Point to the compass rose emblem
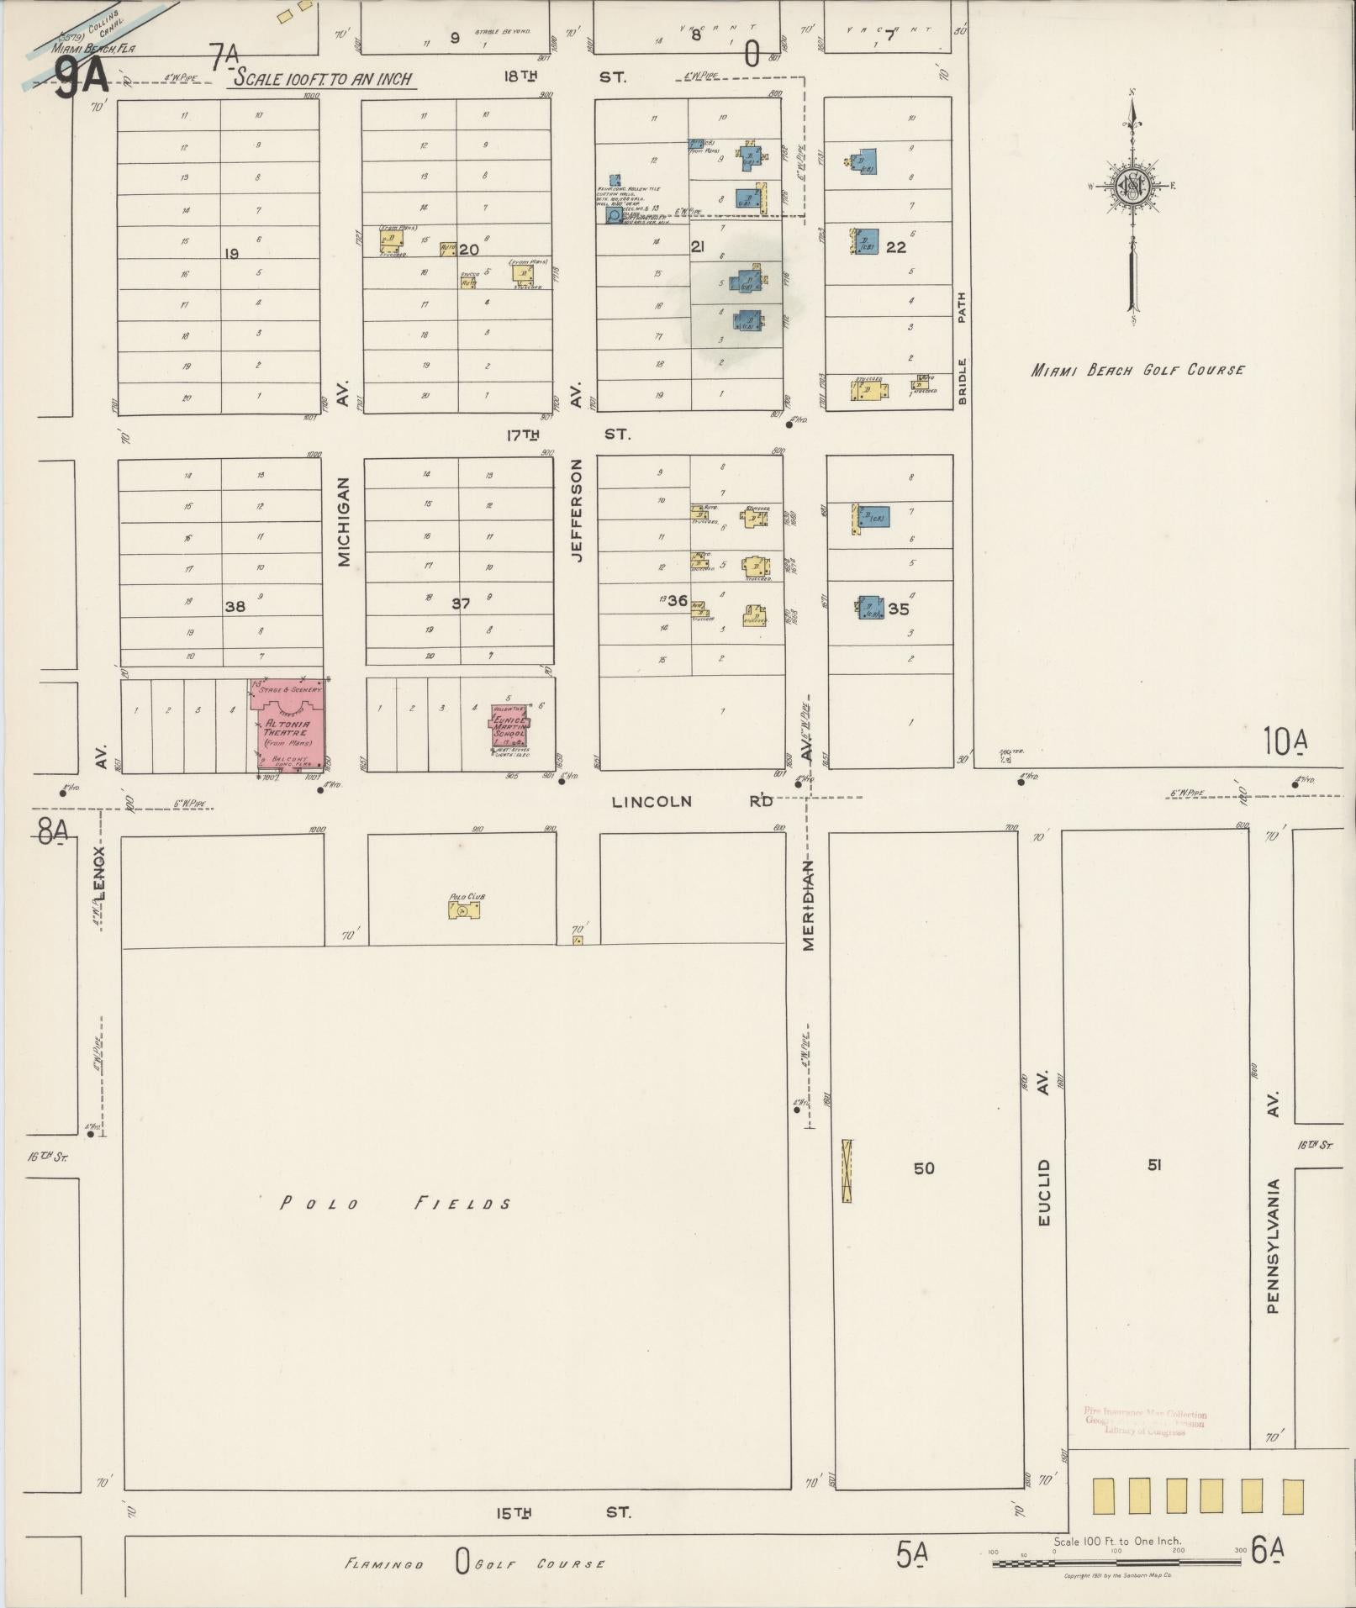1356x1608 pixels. coord(1132,187)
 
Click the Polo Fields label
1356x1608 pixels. coord(395,1204)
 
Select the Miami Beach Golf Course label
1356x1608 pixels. coord(1137,370)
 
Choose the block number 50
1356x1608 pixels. coord(923,1168)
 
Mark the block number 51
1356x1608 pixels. coord(1154,1164)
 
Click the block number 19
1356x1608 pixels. coord(232,253)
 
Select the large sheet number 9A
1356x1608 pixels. coord(82,79)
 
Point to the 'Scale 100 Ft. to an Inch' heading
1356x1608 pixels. coord(324,79)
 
